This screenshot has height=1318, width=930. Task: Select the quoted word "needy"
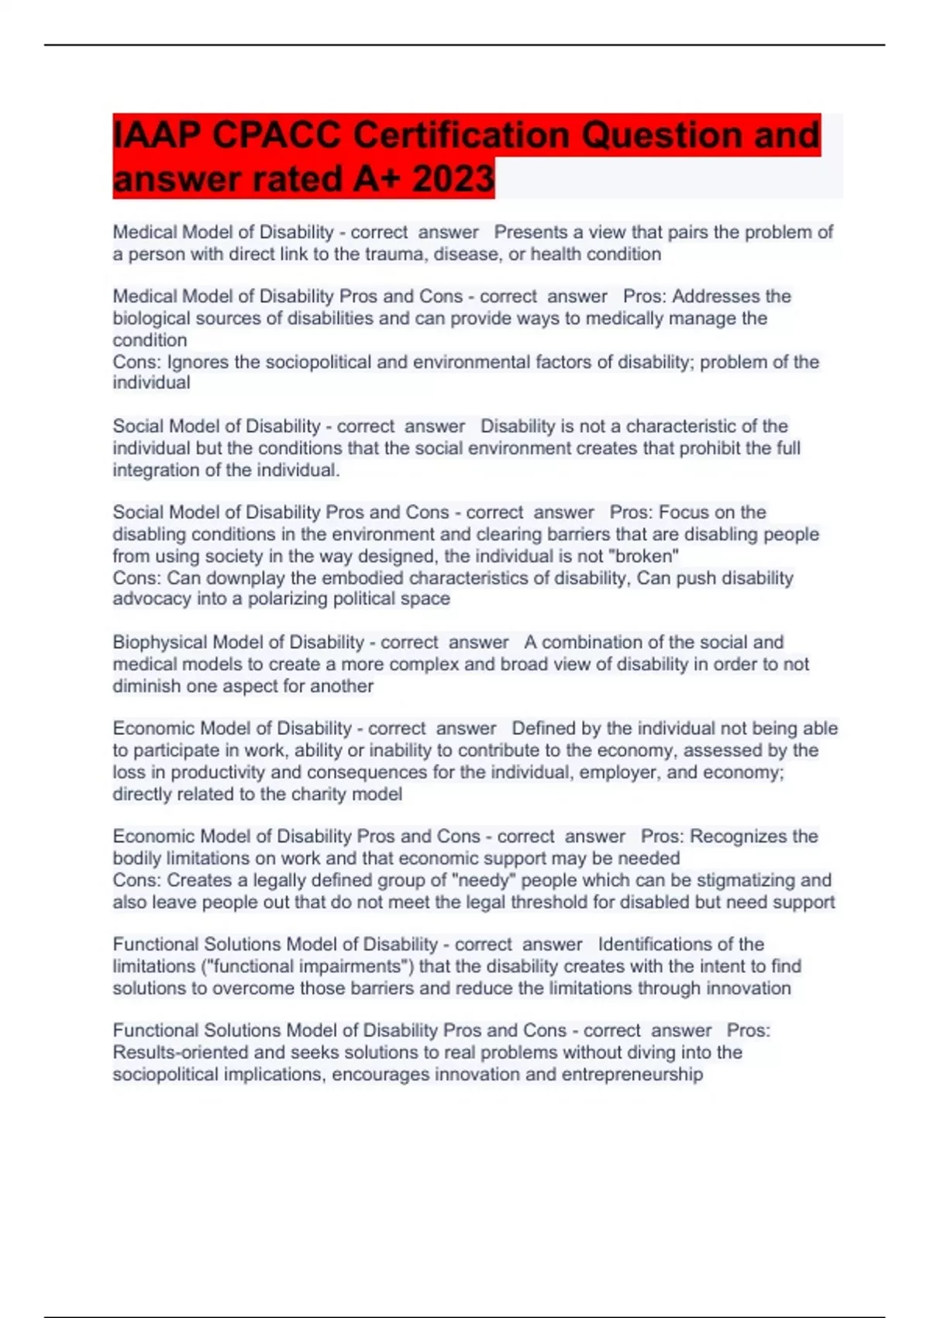point(484,881)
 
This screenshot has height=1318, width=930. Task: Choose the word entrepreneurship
point(632,1075)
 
